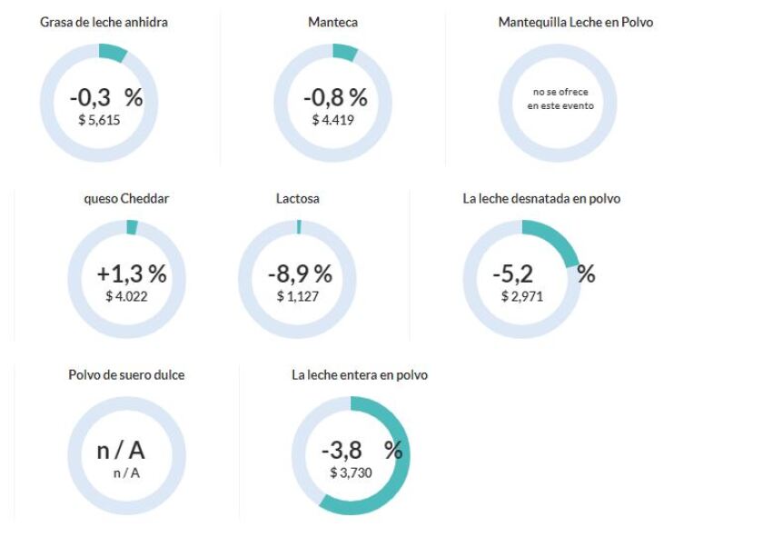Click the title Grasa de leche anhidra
coord(104,22)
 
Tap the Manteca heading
coord(332,22)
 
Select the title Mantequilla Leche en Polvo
coord(576,22)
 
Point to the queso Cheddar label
coord(126,198)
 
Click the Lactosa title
coord(298,198)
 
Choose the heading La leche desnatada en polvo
coord(541,198)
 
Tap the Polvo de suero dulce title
coord(126,374)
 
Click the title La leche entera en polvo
coord(360,374)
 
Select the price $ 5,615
coord(99,119)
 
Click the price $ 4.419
coord(332,119)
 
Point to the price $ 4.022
coord(126,295)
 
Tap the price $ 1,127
coord(298,295)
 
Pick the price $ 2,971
coord(522,295)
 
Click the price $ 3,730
coord(351,472)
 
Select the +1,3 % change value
coord(132,274)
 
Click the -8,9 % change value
coord(300,274)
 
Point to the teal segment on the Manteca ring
coord(345,52)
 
